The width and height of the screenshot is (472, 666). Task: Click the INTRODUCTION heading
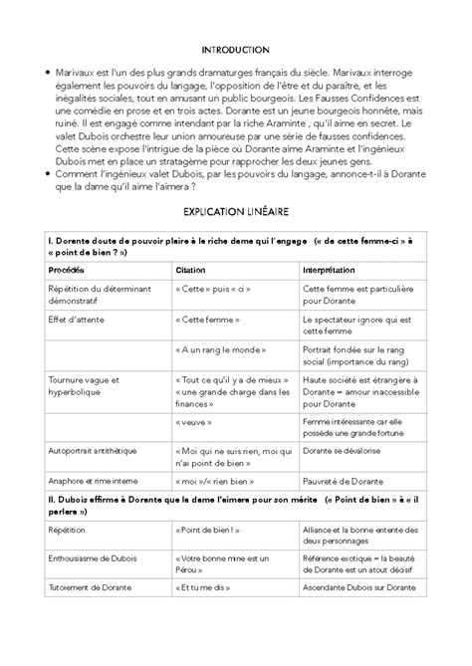[235, 49]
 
